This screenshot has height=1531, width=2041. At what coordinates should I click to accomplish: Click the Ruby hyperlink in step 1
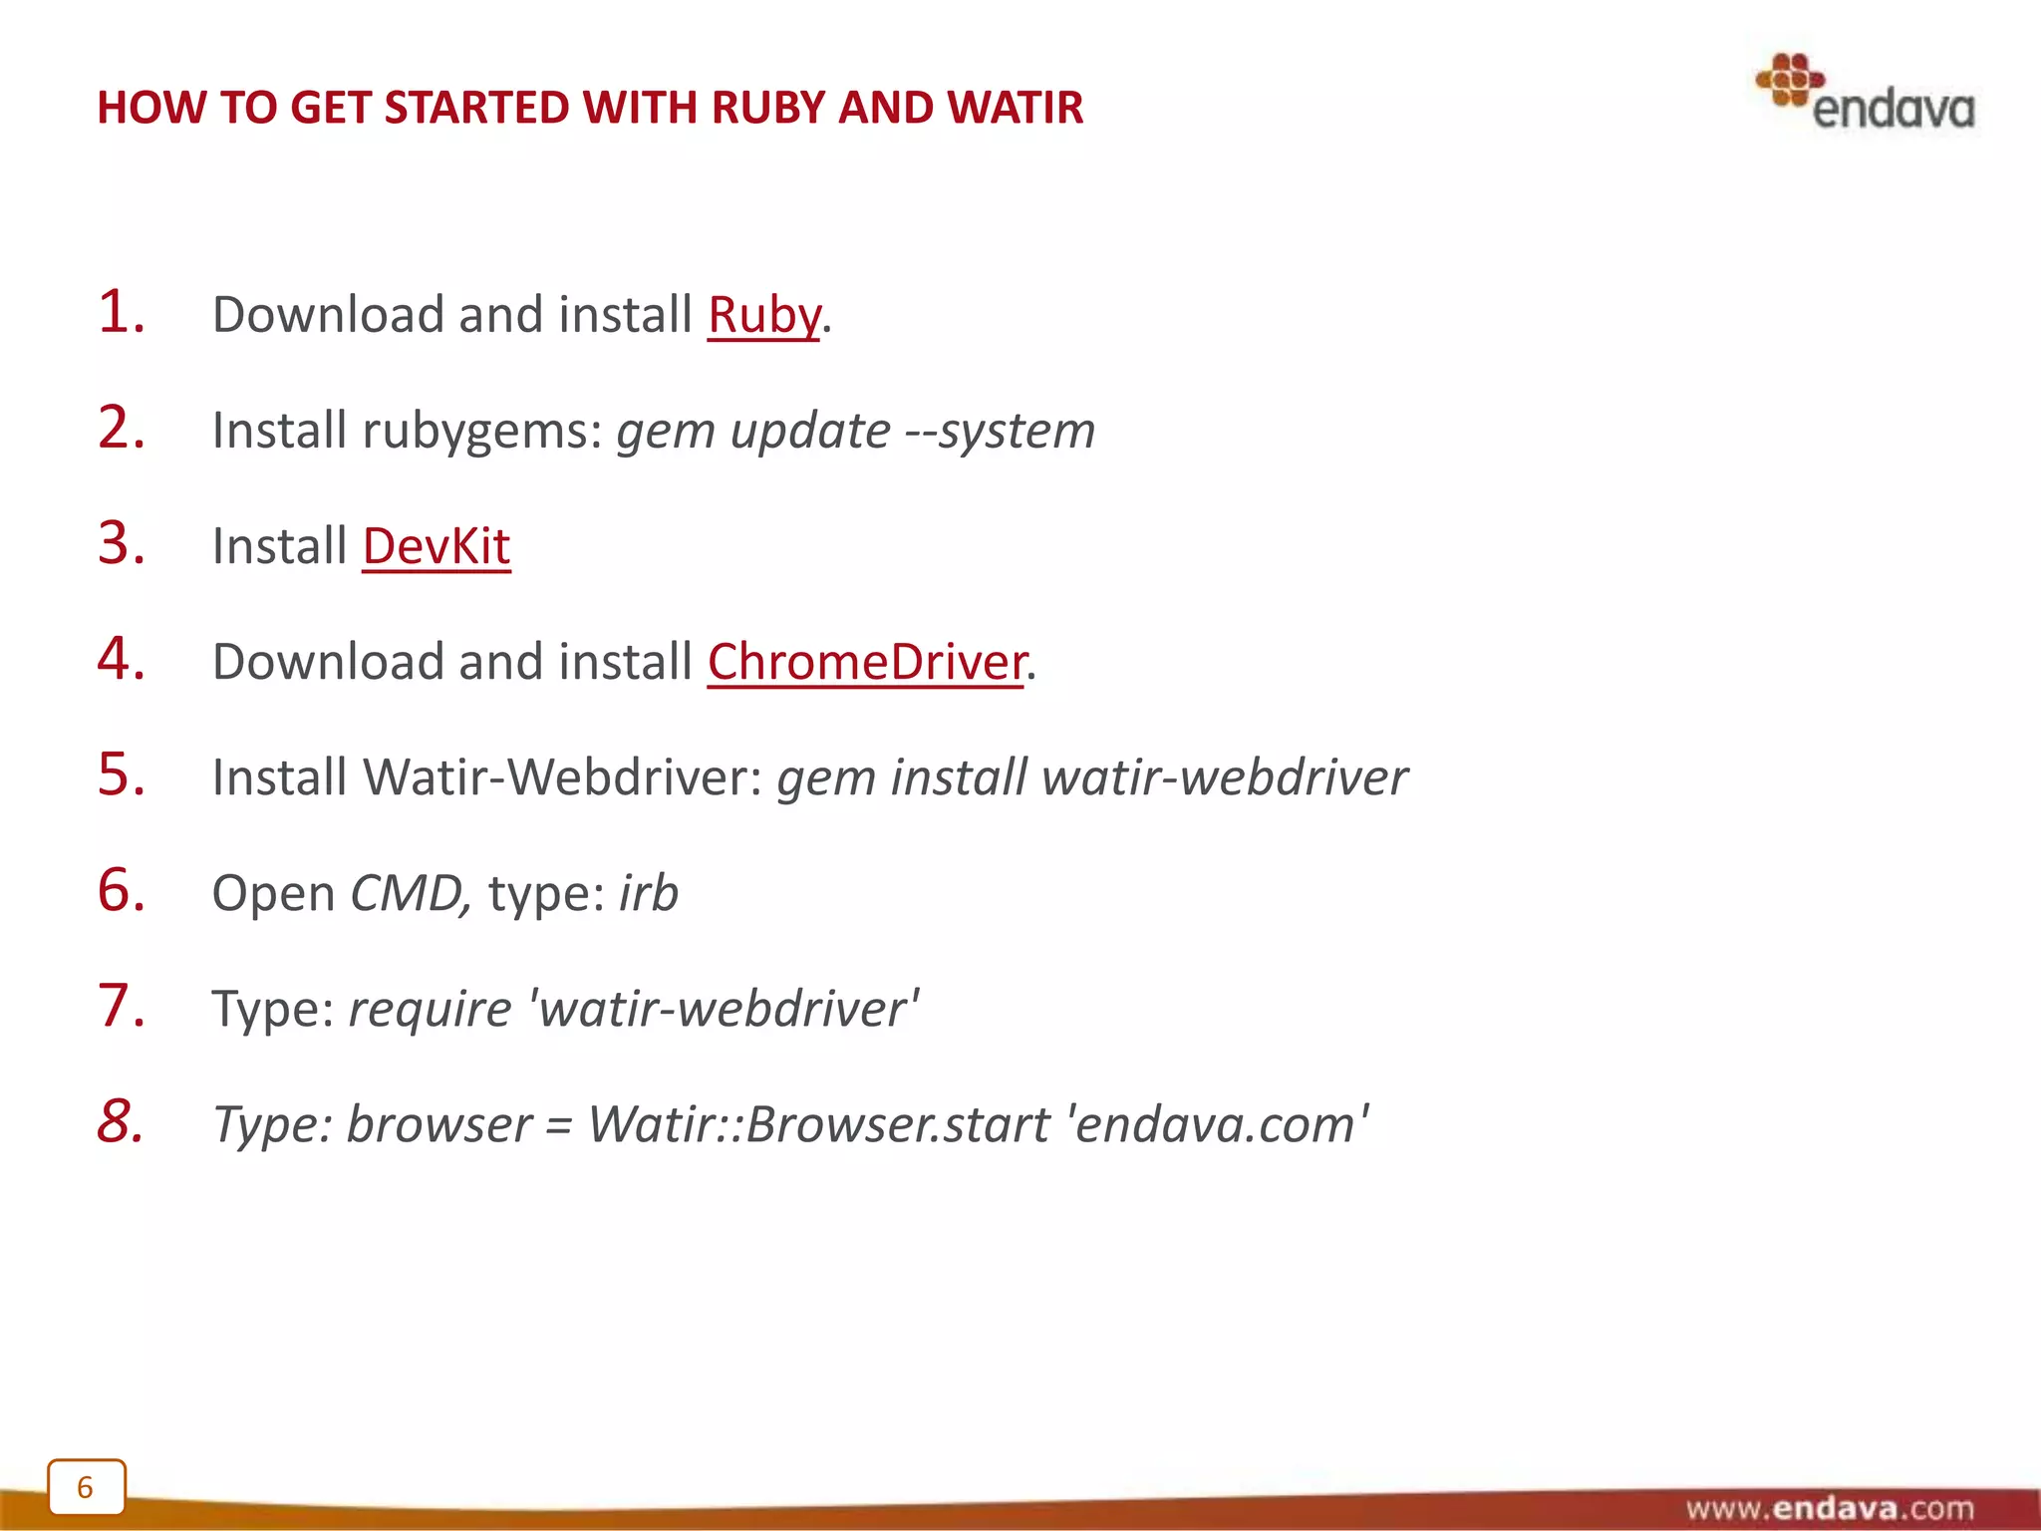[x=764, y=316]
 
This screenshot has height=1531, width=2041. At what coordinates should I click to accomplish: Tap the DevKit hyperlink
[x=437, y=547]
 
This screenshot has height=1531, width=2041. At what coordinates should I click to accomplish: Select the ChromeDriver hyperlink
[x=866, y=663]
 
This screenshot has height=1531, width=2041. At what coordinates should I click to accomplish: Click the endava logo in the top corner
[x=1865, y=94]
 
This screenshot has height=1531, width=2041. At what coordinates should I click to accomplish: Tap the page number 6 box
[x=86, y=1487]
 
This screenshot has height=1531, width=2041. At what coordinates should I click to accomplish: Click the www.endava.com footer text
[x=1829, y=1508]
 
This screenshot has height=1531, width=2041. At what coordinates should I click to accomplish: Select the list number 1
[x=121, y=312]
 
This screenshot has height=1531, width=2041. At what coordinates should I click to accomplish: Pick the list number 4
[x=121, y=659]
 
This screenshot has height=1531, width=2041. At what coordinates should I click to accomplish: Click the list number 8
[x=121, y=1121]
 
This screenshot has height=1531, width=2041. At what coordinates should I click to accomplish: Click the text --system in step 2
[x=1000, y=432]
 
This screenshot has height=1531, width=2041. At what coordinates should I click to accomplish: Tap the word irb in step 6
[x=649, y=893]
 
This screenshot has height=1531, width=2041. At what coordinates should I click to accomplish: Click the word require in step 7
[x=430, y=1009]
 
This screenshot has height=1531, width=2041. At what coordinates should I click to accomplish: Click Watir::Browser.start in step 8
[x=818, y=1124]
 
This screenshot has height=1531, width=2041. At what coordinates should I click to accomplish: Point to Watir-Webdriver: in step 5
[x=562, y=777]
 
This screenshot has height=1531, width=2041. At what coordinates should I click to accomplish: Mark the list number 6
[x=121, y=890]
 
